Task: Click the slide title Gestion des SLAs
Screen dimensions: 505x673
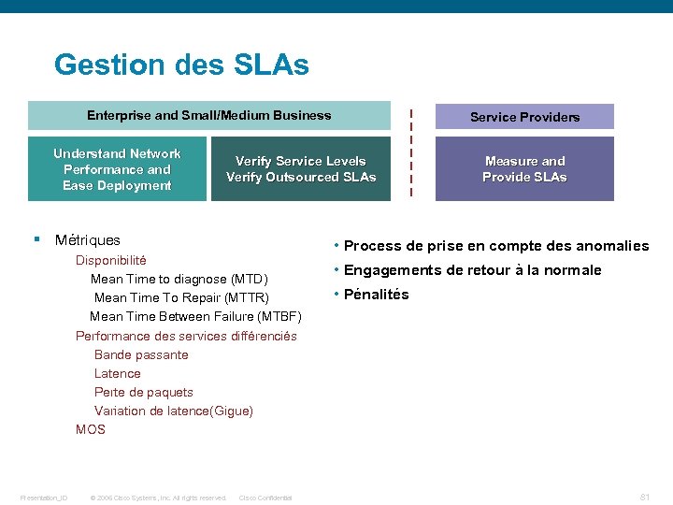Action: point(181,65)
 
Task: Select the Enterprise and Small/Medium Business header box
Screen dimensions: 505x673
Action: point(209,116)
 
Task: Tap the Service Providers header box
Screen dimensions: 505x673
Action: point(524,117)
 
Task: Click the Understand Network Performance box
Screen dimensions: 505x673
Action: point(117,169)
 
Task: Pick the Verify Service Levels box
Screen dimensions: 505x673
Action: point(301,169)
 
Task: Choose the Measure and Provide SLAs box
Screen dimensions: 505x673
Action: point(524,169)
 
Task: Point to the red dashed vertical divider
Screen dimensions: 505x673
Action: point(410,152)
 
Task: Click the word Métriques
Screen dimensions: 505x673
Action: point(88,240)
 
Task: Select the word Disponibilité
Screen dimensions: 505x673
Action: point(111,260)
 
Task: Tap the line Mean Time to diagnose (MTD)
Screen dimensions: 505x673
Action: point(179,279)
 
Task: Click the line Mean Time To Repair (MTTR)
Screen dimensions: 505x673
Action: point(181,297)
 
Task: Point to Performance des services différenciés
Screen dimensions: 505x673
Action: point(186,336)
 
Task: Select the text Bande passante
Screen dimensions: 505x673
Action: point(141,354)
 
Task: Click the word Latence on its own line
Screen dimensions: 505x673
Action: point(118,373)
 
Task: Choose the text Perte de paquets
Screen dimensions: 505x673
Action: point(144,392)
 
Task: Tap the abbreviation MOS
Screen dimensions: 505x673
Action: point(91,429)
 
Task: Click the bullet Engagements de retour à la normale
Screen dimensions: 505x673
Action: point(473,270)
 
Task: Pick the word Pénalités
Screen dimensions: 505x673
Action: point(377,295)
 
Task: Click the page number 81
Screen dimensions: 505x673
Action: point(644,497)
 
